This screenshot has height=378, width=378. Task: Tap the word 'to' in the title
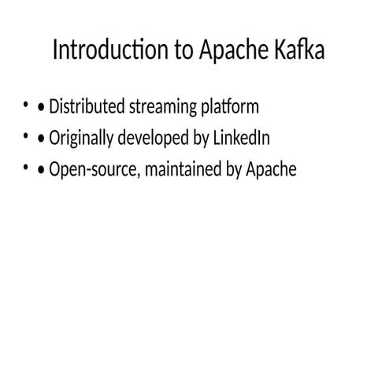tap(182, 50)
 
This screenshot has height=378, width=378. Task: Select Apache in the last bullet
tap(271, 170)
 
